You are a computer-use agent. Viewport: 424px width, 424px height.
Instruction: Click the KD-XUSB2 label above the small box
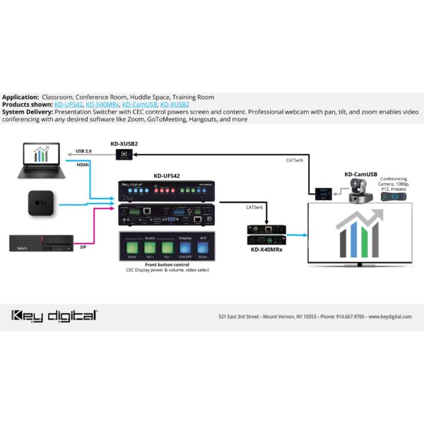(124, 143)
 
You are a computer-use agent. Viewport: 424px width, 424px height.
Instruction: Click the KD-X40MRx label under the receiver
(267, 249)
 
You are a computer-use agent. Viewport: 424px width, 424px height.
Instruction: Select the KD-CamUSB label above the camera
(360, 174)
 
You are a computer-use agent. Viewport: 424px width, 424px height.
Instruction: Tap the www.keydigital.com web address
(389, 316)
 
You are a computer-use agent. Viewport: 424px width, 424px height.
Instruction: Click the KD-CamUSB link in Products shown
(140, 104)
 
